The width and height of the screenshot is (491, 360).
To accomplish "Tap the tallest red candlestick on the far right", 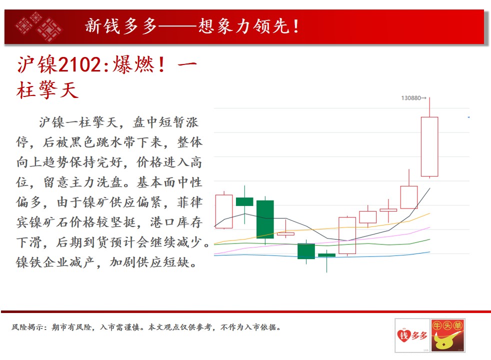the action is click(429, 146).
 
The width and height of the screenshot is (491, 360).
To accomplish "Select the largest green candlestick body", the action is click(265, 219).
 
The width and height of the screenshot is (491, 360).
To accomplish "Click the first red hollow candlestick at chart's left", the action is click(224, 211).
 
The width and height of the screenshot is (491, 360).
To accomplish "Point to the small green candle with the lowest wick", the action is click(326, 255).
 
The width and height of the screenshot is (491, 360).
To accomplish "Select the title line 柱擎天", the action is click(47, 90).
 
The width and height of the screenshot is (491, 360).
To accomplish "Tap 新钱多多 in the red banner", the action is click(121, 26).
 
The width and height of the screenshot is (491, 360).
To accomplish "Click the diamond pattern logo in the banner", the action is click(39, 26).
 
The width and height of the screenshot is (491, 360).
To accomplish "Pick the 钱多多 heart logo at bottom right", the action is click(412, 335).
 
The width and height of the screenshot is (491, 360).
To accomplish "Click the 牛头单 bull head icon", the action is click(447, 335).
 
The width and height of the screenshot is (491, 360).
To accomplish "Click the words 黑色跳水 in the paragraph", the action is click(97, 142).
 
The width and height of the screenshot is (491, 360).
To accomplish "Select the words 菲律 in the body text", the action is click(190, 202).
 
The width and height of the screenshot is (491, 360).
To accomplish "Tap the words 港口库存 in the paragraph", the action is click(176, 222).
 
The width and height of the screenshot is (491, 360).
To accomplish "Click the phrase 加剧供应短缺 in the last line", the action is click(149, 262).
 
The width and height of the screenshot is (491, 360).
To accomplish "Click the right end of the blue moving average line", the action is click(430, 251).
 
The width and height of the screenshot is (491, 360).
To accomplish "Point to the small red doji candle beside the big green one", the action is click(285, 233).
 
